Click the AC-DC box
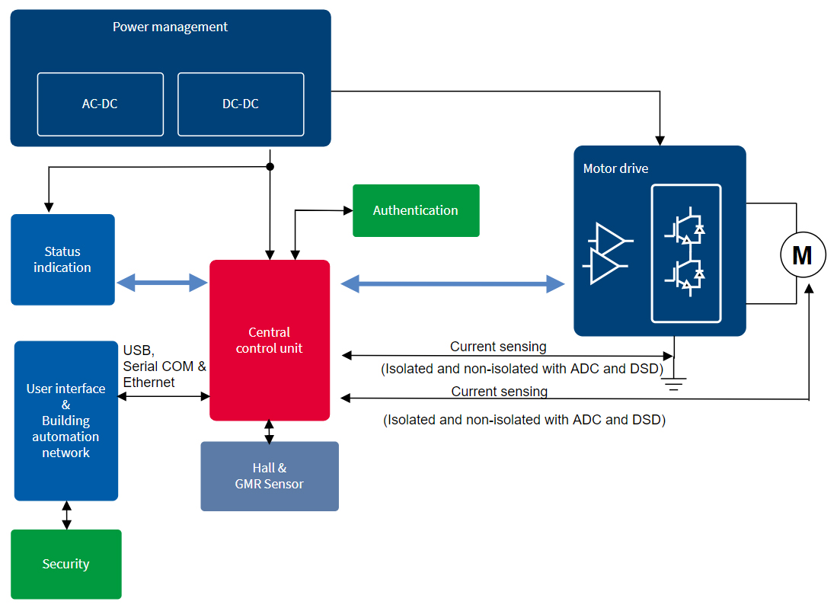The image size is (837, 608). [x=101, y=104]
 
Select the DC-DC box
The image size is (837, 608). [x=241, y=104]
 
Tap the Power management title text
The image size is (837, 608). [x=171, y=27]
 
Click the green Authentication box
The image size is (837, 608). [x=416, y=210]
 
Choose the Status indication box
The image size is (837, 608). [x=62, y=259]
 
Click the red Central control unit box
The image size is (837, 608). [x=270, y=340]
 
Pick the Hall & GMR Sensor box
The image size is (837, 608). [x=270, y=476]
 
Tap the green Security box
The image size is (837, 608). [x=66, y=565]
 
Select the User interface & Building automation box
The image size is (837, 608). [x=66, y=421]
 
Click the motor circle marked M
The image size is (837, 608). [x=803, y=254]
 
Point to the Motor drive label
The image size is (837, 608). [x=615, y=168]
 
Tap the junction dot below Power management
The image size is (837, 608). [x=270, y=167]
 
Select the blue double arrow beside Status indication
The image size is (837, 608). [x=161, y=283]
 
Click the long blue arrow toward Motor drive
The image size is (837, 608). [x=452, y=283]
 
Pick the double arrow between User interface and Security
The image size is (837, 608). [x=66, y=515]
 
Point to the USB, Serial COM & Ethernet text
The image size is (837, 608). [x=165, y=366]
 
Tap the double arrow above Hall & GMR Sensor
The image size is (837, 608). [x=269, y=431]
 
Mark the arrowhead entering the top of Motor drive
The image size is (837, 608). [x=660, y=141]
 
